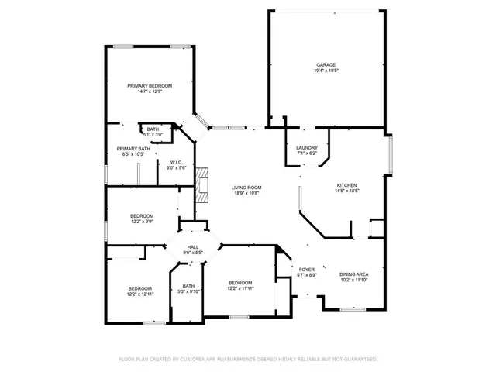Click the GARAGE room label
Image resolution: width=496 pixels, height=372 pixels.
pyautogui.click(x=325, y=64)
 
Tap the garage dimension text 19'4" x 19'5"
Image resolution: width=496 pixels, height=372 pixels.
pyautogui.click(x=325, y=71)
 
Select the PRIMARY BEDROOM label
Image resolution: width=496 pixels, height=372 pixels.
pyautogui.click(x=150, y=85)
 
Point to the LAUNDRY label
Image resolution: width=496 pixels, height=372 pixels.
pyautogui.click(x=308, y=147)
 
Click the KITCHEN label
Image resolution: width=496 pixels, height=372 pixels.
pyautogui.click(x=346, y=184)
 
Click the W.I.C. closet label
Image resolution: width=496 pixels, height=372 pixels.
pyautogui.click(x=176, y=162)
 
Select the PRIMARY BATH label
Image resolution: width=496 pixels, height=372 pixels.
pyautogui.click(x=133, y=149)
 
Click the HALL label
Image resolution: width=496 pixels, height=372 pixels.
pyautogui.click(x=192, y=246)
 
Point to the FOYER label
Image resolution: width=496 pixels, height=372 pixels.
pyautogui.click(x=306, y=269)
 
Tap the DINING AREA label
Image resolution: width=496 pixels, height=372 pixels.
pyautogui.click(x=353, y=274)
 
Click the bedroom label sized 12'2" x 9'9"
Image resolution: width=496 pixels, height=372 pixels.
pyautogui.click(x=141, y=215)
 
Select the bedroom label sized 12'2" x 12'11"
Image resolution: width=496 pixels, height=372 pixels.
pyautogui.click(x=140, y=288)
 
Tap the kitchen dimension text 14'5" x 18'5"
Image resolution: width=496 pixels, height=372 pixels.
pyautogui.click(x=346, y=191)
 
